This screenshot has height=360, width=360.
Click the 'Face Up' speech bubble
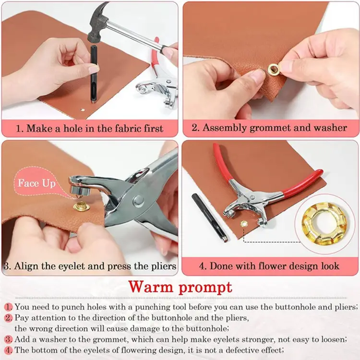point(36,183)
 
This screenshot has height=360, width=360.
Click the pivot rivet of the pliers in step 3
point(137,199)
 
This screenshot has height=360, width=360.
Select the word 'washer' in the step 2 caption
point(331,128)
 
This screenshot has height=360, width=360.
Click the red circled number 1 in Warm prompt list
point(9,307)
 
